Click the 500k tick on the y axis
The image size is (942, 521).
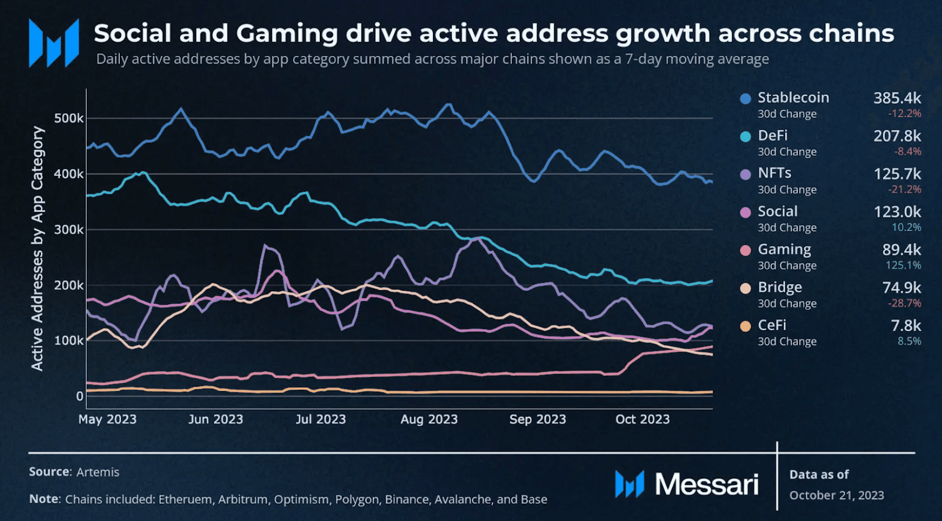point(68,118)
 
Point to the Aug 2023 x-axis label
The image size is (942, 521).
point(429,419)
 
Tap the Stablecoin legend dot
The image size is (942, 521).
point(745,99)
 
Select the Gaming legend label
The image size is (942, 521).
point(784,249)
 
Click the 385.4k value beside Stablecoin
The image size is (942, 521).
point(897,98)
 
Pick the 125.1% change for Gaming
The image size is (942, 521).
point(903,265)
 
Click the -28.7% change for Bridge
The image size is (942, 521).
point(904,303)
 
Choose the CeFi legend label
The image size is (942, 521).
point(772,325)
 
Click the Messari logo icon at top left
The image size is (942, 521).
point(54,43)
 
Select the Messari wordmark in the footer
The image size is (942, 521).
point(707,484)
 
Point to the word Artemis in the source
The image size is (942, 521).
point(98,472)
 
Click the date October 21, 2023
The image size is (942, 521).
point(837,495)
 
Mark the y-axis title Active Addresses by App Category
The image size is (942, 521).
point(38,248)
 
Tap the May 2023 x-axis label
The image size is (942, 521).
point(108,419)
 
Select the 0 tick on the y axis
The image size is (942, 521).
point(80,396)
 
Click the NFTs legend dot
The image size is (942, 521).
point(745,175)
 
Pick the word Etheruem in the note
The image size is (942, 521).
point(185,499)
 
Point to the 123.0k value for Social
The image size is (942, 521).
point(897,212)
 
